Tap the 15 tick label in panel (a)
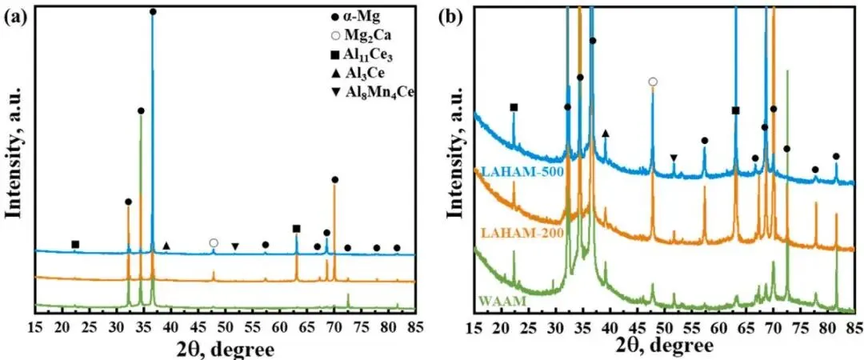pos(35,326)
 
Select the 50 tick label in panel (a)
pos(225,326)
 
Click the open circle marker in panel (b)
pos(653,82)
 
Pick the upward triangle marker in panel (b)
pos(606,133)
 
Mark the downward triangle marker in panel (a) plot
pos(235,246)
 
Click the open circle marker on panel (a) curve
pos(214,242)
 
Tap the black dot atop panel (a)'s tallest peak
pos(153,12)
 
